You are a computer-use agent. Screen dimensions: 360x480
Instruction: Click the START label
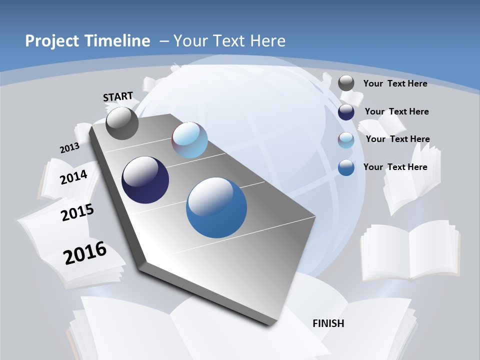click(x=118, y=96)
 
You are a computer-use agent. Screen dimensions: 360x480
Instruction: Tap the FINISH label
click(x=328, y=323)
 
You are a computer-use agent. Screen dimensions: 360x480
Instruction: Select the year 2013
click(x=69, y=148)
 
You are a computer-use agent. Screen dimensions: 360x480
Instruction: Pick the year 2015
click(x=77, y=212)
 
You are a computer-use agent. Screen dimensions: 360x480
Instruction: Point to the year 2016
click(x=85, y=252)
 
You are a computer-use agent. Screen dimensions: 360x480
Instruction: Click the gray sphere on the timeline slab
click(x=122, y=123)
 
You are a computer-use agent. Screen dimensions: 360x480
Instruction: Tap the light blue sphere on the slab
click(x=189, y=140)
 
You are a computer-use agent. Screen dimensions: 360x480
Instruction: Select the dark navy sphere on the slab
click(x=145, y=180)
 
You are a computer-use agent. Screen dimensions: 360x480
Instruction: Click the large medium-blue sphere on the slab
click(x=216, y=207)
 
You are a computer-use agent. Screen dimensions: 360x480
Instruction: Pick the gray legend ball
click(x=346, y=83)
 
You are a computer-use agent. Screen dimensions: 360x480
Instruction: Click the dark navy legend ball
click(x=346, y=111)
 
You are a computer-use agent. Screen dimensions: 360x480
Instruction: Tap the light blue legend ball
click(x=346, y=139)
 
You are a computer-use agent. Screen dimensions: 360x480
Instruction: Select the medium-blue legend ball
click(x=346, y=167)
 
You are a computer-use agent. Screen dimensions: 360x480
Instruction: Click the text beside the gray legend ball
click(x=395, y=83)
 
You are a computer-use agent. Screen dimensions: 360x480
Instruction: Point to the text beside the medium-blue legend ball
click(x=395, y=167)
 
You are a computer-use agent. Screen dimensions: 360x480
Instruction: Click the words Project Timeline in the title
click(x=87, y=41)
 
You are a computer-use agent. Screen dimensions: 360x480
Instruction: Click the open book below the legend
click(x=410, y=250)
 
